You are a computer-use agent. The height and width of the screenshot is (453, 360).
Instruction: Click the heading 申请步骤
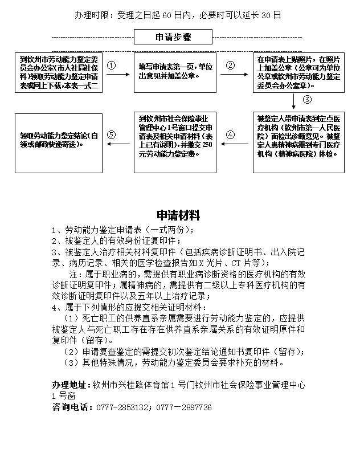click(173, 38)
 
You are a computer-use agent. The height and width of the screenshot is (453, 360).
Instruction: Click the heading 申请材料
click(178, 215)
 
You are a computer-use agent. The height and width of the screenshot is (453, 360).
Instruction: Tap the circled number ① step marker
click(111, 66)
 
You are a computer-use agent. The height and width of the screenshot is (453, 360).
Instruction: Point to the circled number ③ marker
click(307, 99)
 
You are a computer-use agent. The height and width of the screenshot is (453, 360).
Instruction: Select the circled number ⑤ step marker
click(111, 135)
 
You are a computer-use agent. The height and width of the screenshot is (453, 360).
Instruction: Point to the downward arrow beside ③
click(294, 101)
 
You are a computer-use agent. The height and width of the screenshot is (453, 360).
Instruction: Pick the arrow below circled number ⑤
click(118, 144)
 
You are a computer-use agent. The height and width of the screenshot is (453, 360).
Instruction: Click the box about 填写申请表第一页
click(175, 73)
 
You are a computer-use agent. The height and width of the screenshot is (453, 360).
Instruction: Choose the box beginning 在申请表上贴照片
click(298, 73)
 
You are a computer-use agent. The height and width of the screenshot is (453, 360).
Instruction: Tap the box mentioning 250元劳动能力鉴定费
click(175, 142)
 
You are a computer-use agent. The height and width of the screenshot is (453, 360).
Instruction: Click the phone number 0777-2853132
click(122, 407)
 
